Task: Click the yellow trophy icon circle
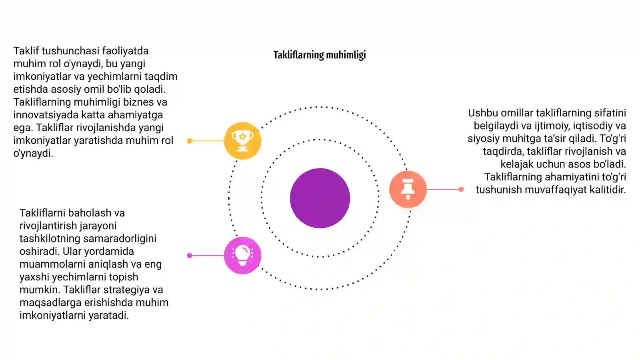(242, 140)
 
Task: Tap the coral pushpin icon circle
(408, 189)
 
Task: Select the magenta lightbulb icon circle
(242, 256)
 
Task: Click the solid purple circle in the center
(320, 198)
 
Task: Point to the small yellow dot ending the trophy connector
(190, 141)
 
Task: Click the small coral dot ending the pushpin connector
(461, 189)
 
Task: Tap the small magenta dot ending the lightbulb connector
(190, 256)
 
